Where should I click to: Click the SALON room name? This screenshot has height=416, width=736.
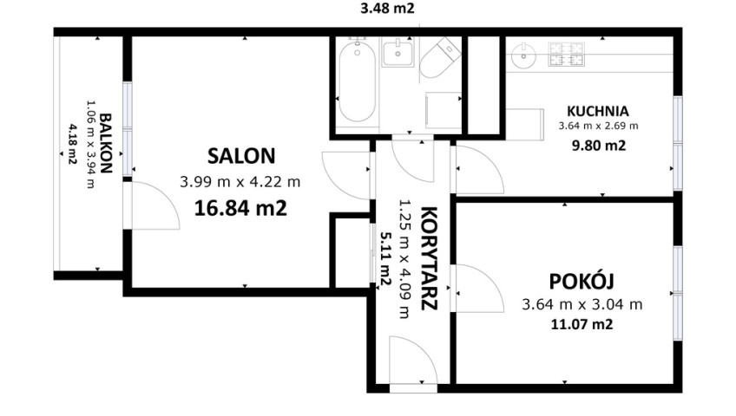(241, 156)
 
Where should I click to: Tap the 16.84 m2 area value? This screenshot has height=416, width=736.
(240, 208)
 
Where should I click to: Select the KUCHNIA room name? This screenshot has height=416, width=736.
(597, 111)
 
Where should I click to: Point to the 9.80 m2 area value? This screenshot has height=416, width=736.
(599, 146)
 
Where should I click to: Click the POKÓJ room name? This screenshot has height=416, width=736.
(582, 281)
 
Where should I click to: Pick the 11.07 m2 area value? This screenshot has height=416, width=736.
(582, 324)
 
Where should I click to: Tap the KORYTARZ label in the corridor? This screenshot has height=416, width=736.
(429, 258)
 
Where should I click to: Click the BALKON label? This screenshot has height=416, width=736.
(106, 143)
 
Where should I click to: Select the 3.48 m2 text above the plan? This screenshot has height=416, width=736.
(387, 8)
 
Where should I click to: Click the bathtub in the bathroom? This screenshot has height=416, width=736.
(357, 81)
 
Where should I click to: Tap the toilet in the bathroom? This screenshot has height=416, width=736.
(438, 58)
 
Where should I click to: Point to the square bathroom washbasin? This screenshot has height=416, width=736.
(398, 53)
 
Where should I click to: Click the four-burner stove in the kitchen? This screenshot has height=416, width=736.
(567, 54)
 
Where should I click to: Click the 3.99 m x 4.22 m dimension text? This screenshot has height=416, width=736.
(240, 182)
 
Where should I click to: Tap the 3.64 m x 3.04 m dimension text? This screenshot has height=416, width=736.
(582, 304)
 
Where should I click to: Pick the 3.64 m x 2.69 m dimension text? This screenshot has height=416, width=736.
(598, 126)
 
